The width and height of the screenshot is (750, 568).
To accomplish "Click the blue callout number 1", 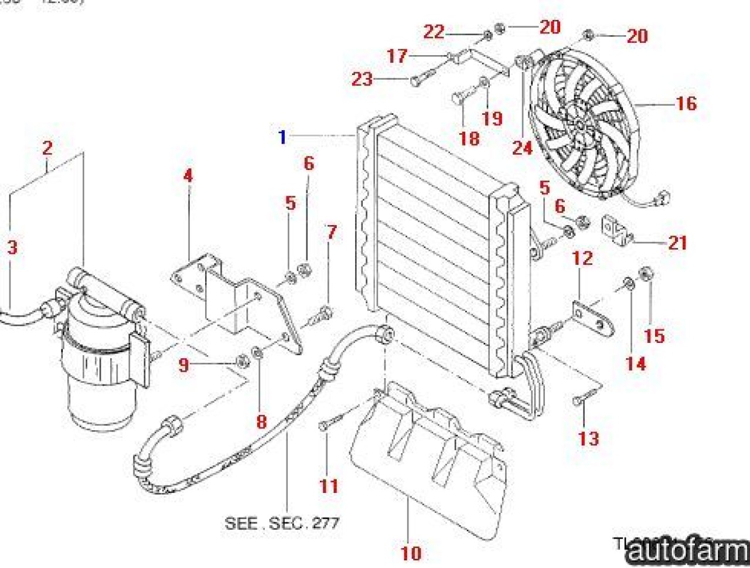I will [282, 137].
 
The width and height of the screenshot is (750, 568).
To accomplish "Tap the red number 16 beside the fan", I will [686, 104].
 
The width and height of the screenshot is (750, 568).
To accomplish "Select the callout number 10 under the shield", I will [411, 552].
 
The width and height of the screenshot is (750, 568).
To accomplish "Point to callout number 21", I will [677, 243].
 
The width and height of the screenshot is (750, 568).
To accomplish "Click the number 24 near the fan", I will [522, 148].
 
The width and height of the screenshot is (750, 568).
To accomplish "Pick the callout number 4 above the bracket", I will [188, 175].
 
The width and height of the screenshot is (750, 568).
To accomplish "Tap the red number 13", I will [588, 438].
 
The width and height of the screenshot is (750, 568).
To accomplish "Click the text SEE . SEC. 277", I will [282, 523].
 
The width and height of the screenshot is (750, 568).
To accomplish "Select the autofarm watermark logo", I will [689, 550].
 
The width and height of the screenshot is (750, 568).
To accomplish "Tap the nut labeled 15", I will [646, 273].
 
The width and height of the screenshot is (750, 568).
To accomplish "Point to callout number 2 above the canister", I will [47, 148].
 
